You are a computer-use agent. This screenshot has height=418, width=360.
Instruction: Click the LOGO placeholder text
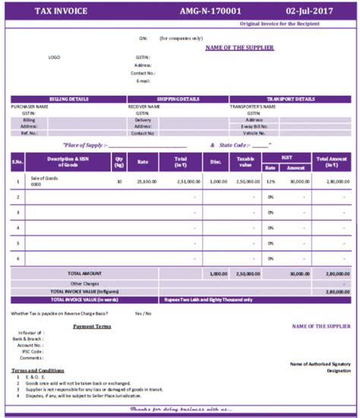(x=54, y=57)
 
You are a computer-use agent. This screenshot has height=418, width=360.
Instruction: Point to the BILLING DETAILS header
(x=68, y=99)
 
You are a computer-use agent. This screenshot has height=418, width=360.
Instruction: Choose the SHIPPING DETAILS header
(x=178, y=99)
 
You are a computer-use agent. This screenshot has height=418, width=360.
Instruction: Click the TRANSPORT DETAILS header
(x=291, y=99)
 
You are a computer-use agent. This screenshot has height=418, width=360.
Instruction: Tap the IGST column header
(x=285, y=157)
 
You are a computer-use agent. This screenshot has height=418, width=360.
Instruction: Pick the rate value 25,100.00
(x=147, y=182)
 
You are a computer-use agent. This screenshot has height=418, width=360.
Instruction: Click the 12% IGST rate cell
(x=270, y=182)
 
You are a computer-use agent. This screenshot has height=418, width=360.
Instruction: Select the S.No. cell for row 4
(x=17, y=228)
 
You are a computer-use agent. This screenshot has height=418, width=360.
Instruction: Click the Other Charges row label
(x=84, y=283)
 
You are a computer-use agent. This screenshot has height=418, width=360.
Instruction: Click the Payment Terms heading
(x=92, y=326)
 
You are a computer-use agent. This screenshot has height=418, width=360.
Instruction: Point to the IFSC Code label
(x=30, y=351)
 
